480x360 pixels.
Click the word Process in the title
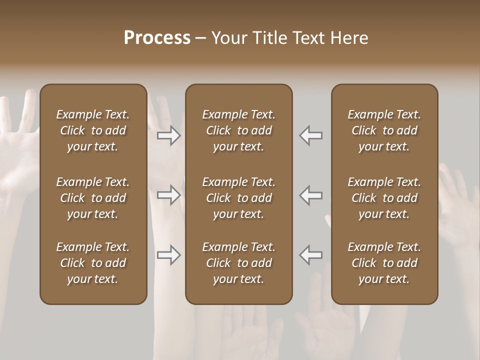coord(157,38)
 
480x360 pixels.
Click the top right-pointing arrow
coord(169,135)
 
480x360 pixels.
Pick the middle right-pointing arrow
coord(169,195)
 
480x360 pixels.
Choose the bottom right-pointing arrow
coord(169,255)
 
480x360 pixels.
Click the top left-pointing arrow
coord(311,135)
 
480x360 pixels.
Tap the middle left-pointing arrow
coord(311,195)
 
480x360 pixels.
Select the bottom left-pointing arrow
coord(311,255)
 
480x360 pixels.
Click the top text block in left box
coord(93,130)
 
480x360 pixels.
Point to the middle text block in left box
coord(93,198)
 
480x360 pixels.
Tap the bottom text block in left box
coord(93,263)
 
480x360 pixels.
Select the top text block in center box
coord(239,130)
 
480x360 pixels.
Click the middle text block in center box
coord(239,198)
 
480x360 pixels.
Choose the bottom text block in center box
coord(239,263)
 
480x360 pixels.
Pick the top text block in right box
coord(384,130)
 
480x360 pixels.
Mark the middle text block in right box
coord(384,198)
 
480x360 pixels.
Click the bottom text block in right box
coord(384,263)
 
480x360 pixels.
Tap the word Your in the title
coord(229,38)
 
